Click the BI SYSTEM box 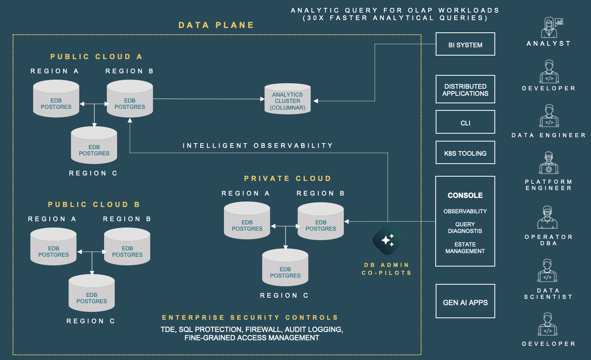click(x=465, y=44)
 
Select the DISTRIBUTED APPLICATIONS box click(x=465, y=90)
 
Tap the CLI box click(x=465, y=122)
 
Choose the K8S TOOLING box click(x=465, y=153)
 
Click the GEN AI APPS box click(x=465, y=301)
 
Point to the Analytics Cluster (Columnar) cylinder click(x=287, y=99)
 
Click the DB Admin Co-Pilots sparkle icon click(x=387, y=240)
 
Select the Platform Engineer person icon click(x=548, y=163)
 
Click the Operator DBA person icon click(x=547, y=218)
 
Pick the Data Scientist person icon click(x=547, y=271)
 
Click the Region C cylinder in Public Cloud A click(x=94, y=145)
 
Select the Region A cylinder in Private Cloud click(x=247, y=221)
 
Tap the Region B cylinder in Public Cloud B click(x=127, y=247)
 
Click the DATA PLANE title click(x=216, y=25)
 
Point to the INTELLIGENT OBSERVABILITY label click(x=258, y=145)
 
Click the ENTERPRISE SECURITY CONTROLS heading click(x=250, y=317)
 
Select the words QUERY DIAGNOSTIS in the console click(x=465, y=228)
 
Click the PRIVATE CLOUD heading click(x=287, y=179)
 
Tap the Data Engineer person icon click(x=549, y=116)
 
